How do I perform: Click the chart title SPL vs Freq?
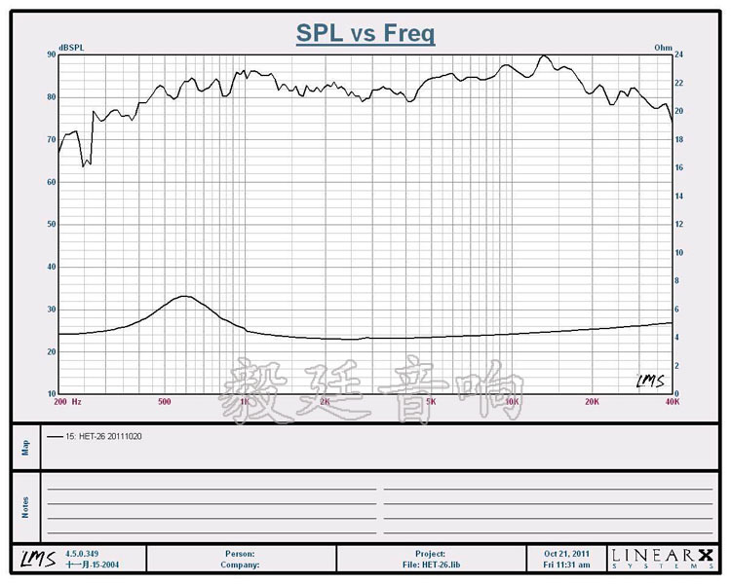(365, 34)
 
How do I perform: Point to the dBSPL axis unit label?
(71, 48)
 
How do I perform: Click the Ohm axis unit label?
(663, 48)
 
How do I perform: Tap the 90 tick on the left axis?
(51, 55)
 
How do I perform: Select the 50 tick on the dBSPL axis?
(51, 225)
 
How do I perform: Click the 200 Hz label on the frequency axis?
(68, 401)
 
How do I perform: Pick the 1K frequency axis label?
(245, 401)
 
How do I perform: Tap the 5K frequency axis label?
(431, 401)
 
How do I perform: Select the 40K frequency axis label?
(671, 401)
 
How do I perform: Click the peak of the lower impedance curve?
(183, 296)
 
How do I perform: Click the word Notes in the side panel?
(26, 506)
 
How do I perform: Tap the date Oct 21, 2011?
(567, 554)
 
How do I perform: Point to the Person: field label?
(239, 554)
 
